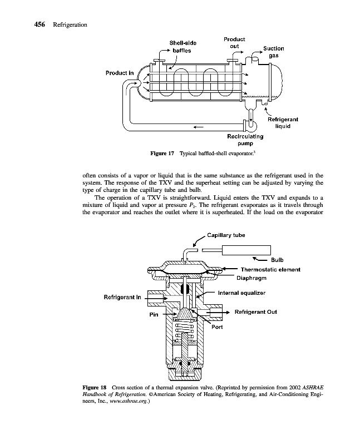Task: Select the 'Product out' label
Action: pos(235,43)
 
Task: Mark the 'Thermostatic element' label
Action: pos(270,269)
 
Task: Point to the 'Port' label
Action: pos(217,327)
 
